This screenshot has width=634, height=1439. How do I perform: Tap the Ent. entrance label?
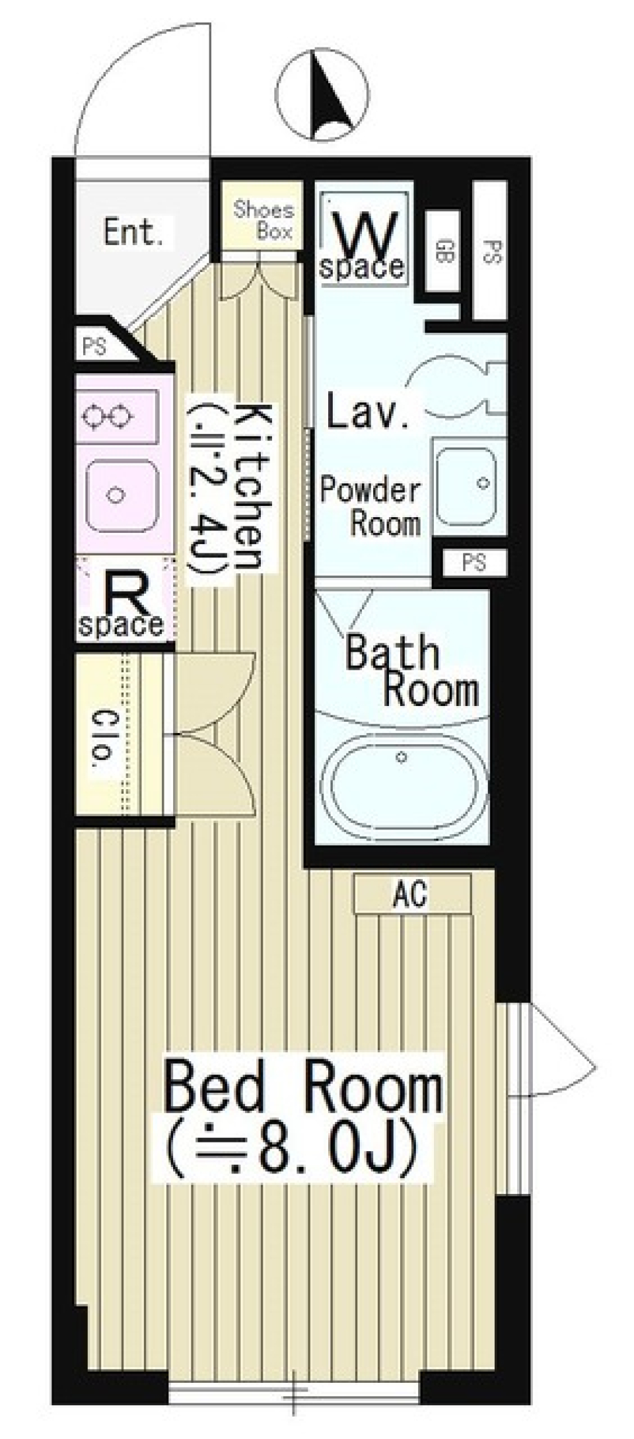(x=133, y=232)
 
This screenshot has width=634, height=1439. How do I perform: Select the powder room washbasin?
(x=466, y=482)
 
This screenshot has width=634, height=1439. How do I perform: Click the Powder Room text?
(x=370, y=507)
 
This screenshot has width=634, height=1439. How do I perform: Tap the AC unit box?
(x=412, y=894)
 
